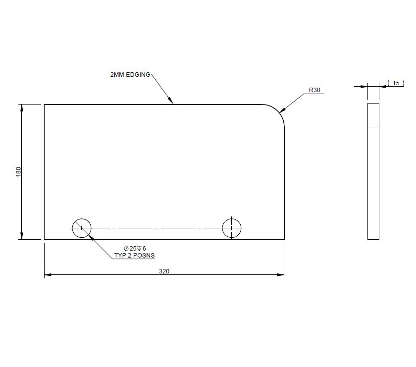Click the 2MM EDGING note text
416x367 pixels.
(x=130, y=74)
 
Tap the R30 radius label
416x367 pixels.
(x=315, y=90)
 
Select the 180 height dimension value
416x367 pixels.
(x=19, y=172)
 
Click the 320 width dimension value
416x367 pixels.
(x=163, y=271)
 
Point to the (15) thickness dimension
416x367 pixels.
(x=396, y=83)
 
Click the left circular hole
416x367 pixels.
(x=82, y=228)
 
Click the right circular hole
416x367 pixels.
(x=232, y=228)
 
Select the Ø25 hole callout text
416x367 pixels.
(x=135, y=248)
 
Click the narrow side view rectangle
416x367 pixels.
(x=373, y=183)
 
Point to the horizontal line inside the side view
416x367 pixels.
(x=373, y=127)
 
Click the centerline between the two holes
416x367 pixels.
(x=156, y=228)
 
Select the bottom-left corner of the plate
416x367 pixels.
(x=45, y=239)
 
